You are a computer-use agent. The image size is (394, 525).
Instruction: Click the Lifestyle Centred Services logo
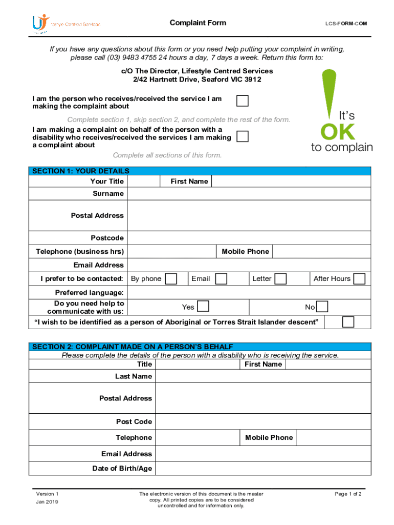(65, 24)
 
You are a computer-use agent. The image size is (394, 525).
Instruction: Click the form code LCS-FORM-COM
(346, 24)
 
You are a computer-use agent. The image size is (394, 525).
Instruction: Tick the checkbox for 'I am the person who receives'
(242, 101)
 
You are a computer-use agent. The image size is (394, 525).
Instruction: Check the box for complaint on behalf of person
(242, 136)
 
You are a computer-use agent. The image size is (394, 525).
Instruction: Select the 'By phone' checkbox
(171, 278)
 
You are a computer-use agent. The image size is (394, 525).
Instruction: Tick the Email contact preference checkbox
(221, 278)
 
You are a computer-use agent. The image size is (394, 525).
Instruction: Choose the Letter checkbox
(280, 278)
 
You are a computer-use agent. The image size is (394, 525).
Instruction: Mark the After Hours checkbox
(360, 278)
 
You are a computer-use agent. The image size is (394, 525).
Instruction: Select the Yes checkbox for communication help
(203, 307)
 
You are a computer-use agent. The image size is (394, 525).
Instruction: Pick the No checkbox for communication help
(322, 307)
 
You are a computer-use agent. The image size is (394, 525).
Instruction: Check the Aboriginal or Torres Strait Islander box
(348, 321)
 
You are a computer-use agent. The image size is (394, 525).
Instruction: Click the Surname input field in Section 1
(249, 194)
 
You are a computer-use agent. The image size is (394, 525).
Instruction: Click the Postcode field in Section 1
(249, 238)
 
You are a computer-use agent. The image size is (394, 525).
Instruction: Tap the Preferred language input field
(249, 293)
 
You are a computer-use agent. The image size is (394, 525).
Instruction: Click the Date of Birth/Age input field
(262, 468)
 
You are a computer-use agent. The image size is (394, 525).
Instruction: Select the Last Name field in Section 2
(262, 376)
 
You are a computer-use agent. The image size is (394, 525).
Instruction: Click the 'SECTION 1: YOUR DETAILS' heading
(81, 171)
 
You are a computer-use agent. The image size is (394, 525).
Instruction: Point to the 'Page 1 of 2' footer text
(348, 494)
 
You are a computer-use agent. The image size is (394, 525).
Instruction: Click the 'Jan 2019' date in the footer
(47, 502)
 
